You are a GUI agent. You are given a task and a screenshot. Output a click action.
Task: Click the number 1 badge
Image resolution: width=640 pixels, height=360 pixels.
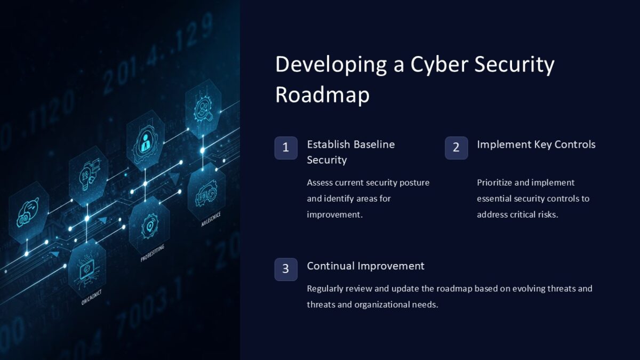click(286, 148)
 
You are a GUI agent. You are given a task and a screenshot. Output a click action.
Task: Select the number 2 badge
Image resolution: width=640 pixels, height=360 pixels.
click(456, 148)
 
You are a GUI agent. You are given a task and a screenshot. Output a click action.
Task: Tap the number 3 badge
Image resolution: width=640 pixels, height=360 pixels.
click(286, 269)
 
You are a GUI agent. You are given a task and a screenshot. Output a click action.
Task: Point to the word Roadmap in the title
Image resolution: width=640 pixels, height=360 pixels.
click(322, 95)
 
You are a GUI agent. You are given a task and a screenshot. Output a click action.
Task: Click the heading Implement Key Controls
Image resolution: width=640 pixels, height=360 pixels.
click(536, 145)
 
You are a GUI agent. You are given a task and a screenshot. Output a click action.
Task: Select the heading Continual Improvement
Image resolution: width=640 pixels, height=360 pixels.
click(365, 266)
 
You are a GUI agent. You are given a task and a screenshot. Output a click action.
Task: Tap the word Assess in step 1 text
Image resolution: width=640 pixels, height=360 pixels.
click(322, 182)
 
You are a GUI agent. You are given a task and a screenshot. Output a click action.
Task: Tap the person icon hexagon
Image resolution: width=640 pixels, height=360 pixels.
click(145, 141)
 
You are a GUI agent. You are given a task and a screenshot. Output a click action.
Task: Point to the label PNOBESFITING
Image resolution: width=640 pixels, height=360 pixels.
click(153, 253)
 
